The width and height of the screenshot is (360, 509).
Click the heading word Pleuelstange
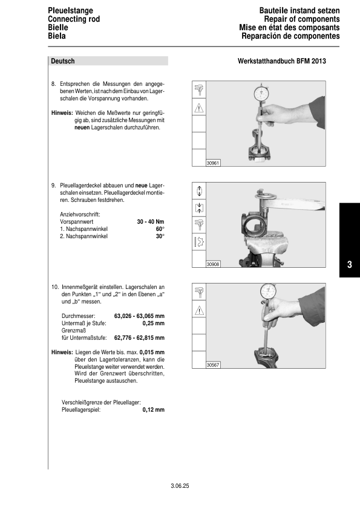point(68,11)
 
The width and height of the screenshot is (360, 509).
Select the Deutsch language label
point(63,61)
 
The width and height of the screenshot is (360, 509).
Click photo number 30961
point(212,163)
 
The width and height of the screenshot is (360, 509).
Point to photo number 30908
point(212,264)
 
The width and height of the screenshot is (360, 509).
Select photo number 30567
point(212,365)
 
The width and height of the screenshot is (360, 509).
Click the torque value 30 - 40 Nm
point(151,222)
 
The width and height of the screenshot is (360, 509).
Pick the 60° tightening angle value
point(160,229)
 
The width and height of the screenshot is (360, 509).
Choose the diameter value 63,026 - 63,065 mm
point(139,316)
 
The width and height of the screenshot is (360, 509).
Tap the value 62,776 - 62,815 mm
point(139,337)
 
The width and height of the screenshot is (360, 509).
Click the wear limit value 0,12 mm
point(154,409)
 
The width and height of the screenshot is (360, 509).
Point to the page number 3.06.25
point(180,485)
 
